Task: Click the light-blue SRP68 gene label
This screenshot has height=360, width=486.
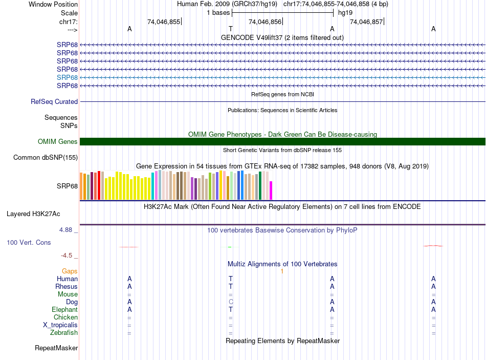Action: pyautogui.click(x=67, y=77)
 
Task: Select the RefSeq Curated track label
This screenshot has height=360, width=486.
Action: pyautogui.click(x=54, y=102)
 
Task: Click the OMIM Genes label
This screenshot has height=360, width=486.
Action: pyautogui.click(x=58, y=142)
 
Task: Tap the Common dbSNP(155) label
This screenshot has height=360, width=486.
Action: pyautogui.click(x=46, y=158)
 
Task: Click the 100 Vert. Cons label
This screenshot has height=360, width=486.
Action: pyautogui.click(x=29, y=242)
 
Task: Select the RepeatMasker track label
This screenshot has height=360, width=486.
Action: pyautogui.click(x=56, y=348)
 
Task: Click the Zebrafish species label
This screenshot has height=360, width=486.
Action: pyautogui.click(x=64, y=333)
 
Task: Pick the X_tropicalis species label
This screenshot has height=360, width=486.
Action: pyautogui.click(x=60, y=325)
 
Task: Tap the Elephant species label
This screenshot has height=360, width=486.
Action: pyautogui.click(x=64, y=310)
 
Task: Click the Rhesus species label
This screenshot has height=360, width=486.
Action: pyautogui.click(x=67, y=287)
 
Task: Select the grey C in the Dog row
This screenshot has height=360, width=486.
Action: pyautogui.click(x=231, y=302)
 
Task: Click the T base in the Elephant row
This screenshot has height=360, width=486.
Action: pyautogui.click(x=231, y=310)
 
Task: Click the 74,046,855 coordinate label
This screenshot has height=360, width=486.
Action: pyautogui.click(x=164, y=22)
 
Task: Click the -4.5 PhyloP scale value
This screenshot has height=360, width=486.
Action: pyautogui.click(x=67, y=255)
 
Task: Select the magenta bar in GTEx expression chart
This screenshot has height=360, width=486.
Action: pyautogui.click(x=271, y=190)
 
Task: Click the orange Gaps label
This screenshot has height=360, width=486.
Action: pyautogui.click(x=70, y=271)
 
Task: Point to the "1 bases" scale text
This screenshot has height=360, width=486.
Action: pyautogui.click(x=218, y=12)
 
